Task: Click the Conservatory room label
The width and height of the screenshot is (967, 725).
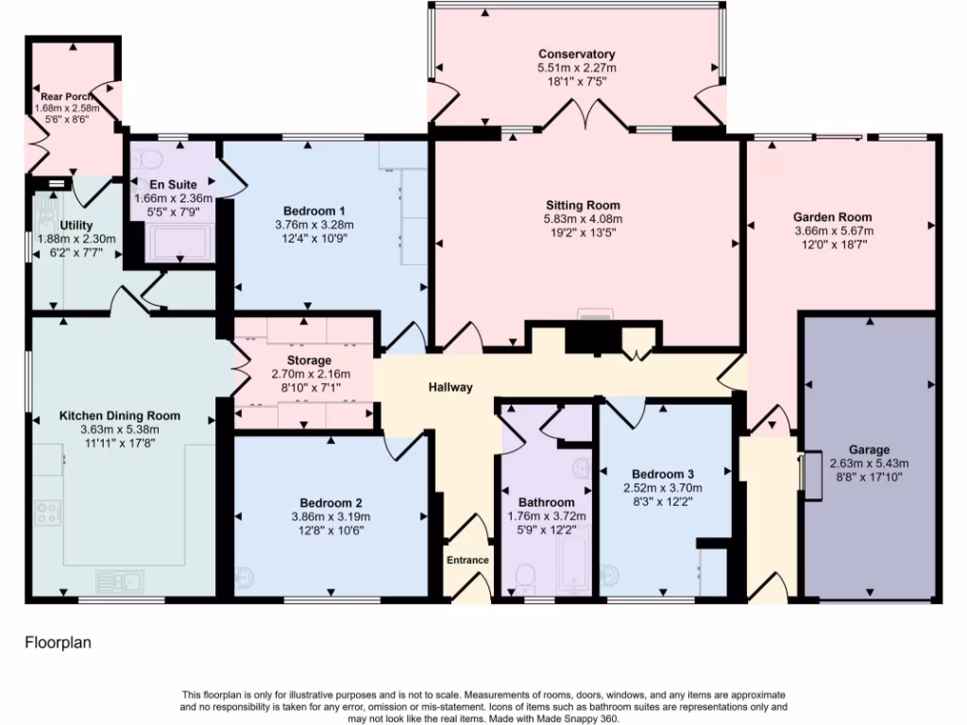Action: (576, 54)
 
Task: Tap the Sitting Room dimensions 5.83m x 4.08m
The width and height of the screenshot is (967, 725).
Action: (583, 219)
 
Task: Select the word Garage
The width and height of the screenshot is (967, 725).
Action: (868, 449)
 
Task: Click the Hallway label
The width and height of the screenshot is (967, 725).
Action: (450, 387)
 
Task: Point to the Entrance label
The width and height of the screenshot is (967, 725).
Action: (467, 560)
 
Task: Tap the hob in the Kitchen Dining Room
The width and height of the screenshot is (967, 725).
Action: (48, 513)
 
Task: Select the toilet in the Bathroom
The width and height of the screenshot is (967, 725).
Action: (525, 577)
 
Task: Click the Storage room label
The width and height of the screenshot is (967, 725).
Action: (309, 361)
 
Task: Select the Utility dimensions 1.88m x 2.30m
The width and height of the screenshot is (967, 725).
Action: (76, 239)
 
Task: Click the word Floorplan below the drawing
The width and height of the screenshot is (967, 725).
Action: (57, 643)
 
